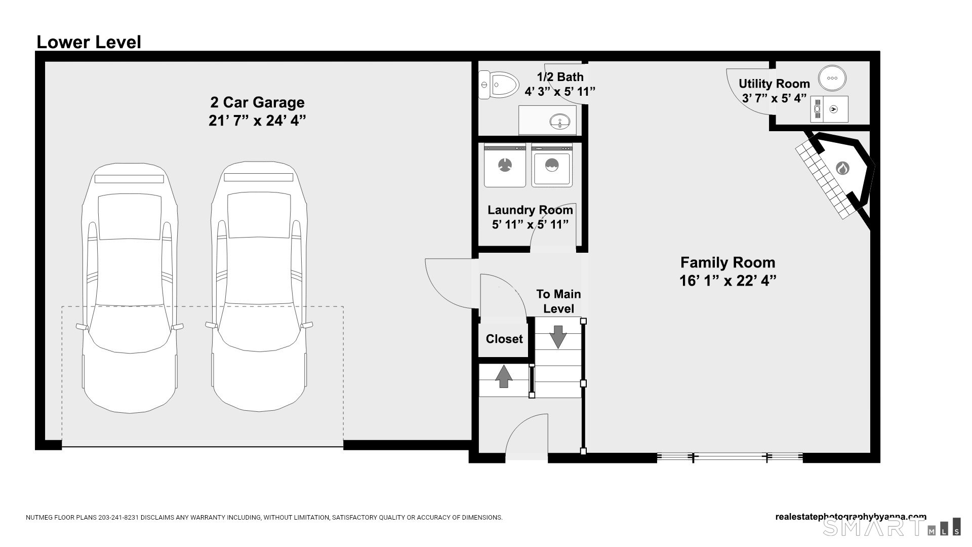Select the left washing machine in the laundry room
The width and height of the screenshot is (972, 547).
[x=505, y=165]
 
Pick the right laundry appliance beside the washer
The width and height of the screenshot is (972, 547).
[x=552, y=165]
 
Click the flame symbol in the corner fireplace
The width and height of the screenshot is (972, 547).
[x=842, y=168]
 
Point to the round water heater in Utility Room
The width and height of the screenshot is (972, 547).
[x=832, y=79]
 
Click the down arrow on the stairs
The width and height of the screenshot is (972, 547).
[x=558, y=337]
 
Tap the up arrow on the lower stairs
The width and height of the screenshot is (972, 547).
[x=504, y=376]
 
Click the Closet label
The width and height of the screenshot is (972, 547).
[x=504, y=339]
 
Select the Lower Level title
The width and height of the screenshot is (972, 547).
[x=89, y=42]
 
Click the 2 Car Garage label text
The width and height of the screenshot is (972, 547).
[x=257, y=102]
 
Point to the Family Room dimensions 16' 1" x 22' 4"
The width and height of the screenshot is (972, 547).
[x=728, y=280]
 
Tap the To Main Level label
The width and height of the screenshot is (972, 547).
[x=558, y=301]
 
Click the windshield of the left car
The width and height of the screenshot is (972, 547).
[x=130, y=217]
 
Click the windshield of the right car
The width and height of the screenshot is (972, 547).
[x=259, y=216]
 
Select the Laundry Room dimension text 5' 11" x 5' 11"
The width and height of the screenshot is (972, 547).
[x=530, y=224]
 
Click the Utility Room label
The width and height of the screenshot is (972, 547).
[x=774, y=84]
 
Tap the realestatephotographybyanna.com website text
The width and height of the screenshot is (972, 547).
[x=851, y=517]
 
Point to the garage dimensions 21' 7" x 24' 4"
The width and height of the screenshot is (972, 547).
[x=257, y=121]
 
